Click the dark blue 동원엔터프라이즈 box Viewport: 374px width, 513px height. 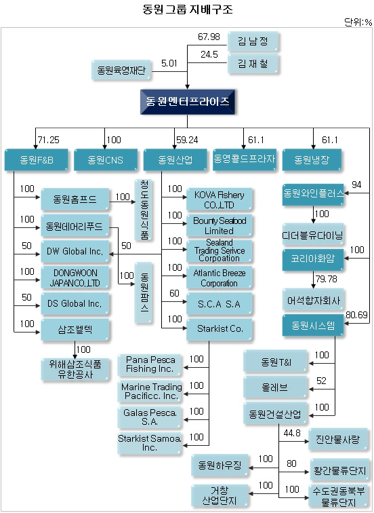tap(188, 102)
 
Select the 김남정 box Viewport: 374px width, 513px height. tap(253, 41)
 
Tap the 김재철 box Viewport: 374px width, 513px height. tap(253, 64)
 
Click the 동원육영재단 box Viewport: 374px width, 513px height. tap(121, 70)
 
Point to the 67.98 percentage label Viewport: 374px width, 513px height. tap(209, 37)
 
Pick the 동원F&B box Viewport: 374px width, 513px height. tap(37, 159)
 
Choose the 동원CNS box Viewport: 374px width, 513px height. tap(106, 159)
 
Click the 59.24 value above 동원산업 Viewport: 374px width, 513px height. tap(187, 140)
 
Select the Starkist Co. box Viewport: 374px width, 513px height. tap(220, 329)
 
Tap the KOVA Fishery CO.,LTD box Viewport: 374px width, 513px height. tap(220, 199)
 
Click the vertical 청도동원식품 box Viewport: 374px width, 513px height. tap(144, 210)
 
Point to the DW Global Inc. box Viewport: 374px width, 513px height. tap(75, 252)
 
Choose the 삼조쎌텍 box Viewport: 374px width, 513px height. tap(75, 330)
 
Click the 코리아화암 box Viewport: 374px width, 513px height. tap(313, 259)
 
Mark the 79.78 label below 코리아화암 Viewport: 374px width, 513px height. tap(327, 279)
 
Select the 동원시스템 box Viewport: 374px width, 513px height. tap(313, 325)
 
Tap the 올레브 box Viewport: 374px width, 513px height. tap(275, 387)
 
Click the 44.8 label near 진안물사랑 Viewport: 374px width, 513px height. tap(292, 433)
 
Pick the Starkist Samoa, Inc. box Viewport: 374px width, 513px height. tap(149, 443)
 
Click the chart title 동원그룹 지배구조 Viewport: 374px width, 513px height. tap(188, 9)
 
